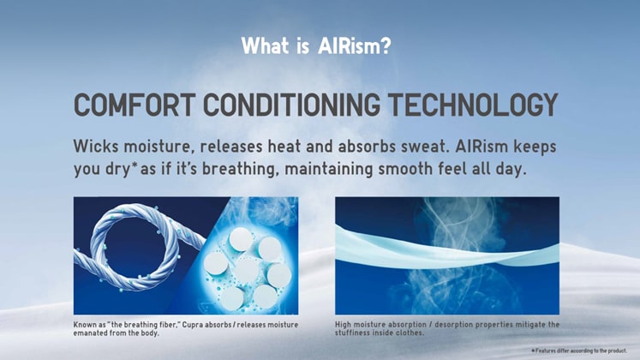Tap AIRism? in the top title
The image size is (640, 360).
355,45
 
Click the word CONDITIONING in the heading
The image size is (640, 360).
291,105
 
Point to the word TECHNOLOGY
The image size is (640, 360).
473,105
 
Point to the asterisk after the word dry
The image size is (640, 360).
135,165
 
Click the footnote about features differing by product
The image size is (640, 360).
579,351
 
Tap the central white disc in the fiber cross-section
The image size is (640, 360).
248,270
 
